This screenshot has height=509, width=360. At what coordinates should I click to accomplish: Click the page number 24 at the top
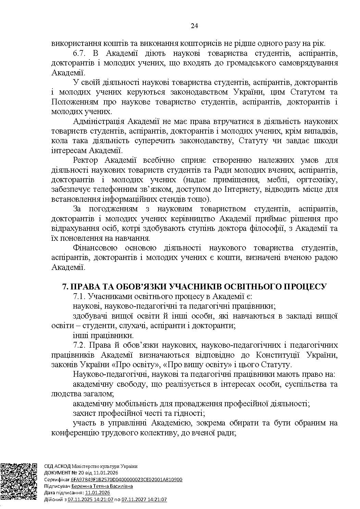194,26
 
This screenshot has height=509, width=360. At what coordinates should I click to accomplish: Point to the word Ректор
85,160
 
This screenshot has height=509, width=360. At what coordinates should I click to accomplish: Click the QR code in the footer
18,482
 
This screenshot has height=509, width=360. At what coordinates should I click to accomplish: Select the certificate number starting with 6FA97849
126,480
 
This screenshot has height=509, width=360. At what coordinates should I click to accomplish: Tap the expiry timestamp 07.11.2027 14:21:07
144,499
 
